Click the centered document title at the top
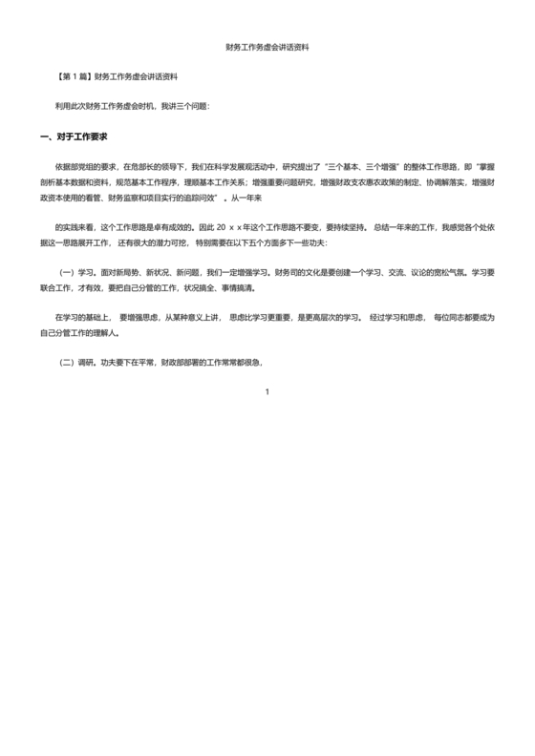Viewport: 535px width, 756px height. [267, 46]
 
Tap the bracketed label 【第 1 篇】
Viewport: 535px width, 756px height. [75, 75]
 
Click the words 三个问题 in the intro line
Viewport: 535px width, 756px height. [190, 106]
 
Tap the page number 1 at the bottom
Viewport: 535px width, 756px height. [267, 393]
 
